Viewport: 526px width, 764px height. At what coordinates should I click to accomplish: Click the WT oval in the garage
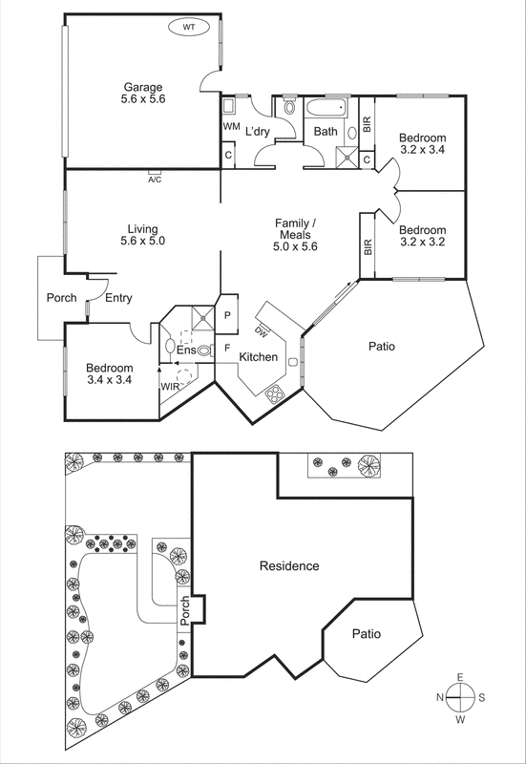pos(190,28)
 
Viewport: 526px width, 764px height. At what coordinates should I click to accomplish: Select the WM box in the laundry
pos(231,126)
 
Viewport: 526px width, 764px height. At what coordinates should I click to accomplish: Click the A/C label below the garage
pos(155,179)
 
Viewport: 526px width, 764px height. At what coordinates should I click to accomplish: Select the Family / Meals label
pos(295,234)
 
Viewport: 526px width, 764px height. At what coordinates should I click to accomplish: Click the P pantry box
pos(228,314)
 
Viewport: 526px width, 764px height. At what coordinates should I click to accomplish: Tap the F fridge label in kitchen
pos(227,348)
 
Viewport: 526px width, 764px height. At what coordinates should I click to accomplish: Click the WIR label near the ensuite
pos(171,387)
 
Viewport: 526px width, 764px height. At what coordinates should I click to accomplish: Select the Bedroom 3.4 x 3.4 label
pos(109,373)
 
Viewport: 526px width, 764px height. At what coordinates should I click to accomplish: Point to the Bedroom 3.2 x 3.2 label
pos(422,236)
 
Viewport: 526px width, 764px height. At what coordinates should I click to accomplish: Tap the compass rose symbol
pos(460,697)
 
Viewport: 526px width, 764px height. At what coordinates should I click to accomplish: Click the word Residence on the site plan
pos(289,566)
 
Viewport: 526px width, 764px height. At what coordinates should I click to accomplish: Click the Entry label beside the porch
pos(118,299)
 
